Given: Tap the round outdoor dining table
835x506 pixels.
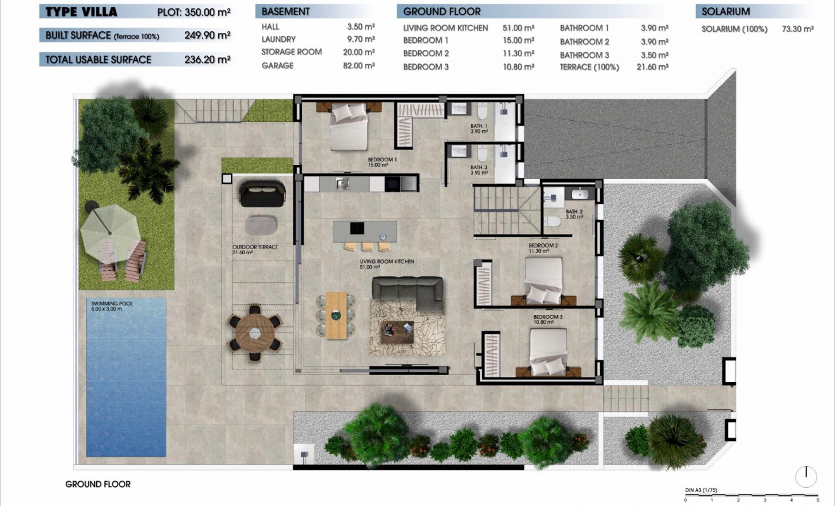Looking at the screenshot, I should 254,333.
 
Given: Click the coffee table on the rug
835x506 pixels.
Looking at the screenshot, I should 398,331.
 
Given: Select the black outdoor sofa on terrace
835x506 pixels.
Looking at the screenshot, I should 262,194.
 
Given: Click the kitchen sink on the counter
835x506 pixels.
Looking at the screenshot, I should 342,183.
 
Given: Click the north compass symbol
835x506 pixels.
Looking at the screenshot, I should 806,476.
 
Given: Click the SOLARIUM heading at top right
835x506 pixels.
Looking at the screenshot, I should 726,11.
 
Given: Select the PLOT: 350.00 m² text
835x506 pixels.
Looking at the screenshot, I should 194,12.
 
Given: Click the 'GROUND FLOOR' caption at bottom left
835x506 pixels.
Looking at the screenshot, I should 98,484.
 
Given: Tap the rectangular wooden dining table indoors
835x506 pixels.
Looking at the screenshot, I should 336,315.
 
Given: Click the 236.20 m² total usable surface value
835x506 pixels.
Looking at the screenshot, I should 206,59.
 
